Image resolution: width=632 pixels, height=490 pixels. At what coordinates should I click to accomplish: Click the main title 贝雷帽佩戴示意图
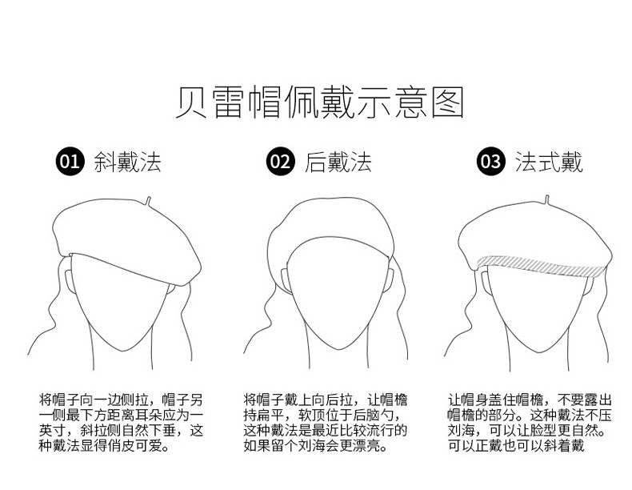point(319,104)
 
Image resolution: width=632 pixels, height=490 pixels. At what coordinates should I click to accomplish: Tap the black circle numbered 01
point(70,163)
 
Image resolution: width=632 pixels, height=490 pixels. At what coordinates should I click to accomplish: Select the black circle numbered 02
point(281,163)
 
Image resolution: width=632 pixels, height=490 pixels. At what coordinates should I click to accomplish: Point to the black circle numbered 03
point(490,163)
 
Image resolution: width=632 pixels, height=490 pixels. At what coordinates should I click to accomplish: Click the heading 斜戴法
point(128,163)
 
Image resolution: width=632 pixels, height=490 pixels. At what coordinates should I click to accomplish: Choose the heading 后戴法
point(338,163)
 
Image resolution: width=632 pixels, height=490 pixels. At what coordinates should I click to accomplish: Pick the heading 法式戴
point(549,163)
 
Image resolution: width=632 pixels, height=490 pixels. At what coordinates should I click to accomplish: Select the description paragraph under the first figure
point(122,421)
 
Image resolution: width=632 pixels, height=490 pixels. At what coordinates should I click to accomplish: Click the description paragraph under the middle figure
point(326,421)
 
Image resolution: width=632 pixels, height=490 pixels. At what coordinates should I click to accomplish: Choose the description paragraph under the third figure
point(530,421)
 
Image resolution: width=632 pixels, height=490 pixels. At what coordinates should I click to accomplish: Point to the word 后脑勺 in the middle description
point(386,415)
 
